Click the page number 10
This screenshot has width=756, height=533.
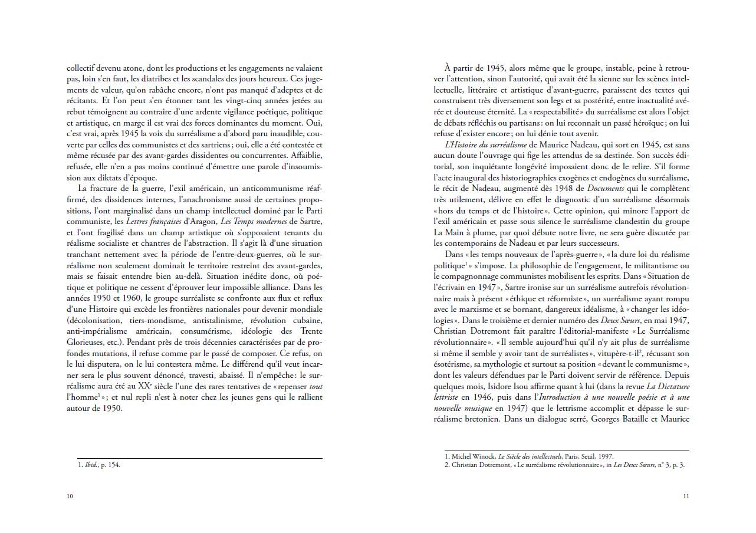click(70, 496)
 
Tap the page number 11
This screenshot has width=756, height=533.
click(686, 496)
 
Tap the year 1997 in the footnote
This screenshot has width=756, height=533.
click(604, 456)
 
